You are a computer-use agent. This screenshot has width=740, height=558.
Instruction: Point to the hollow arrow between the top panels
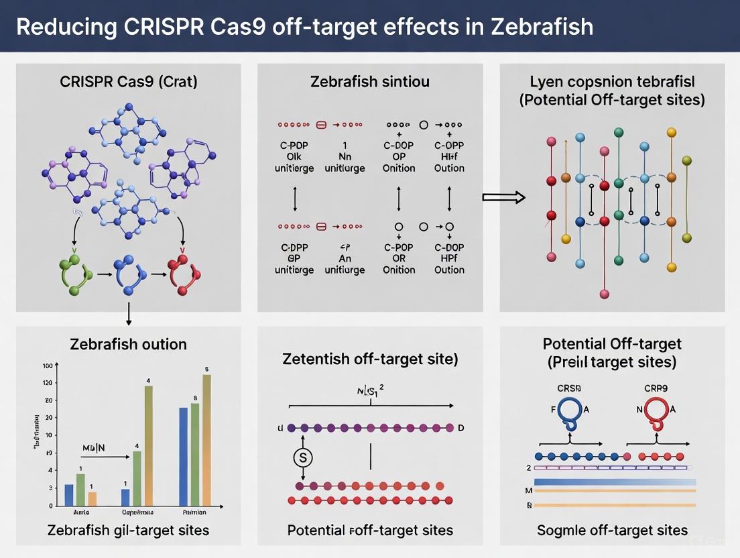tap(503, 197)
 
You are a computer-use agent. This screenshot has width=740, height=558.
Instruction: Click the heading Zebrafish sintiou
tap(370, 82)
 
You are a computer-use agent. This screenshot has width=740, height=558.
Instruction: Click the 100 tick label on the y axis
tap(47, 366)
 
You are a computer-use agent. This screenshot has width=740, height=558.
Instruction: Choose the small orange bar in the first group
tap(92, 498)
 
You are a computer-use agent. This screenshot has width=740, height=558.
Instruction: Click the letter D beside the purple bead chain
tap(460, 428)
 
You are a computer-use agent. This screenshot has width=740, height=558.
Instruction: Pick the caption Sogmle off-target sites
tap(612, 530)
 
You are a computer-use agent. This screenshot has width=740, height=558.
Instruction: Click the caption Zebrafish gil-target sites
tap(128, 530)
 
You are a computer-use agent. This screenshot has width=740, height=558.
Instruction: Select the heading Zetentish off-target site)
tap(370, 359)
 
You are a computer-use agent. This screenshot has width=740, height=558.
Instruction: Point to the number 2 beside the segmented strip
tap(528, 467)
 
